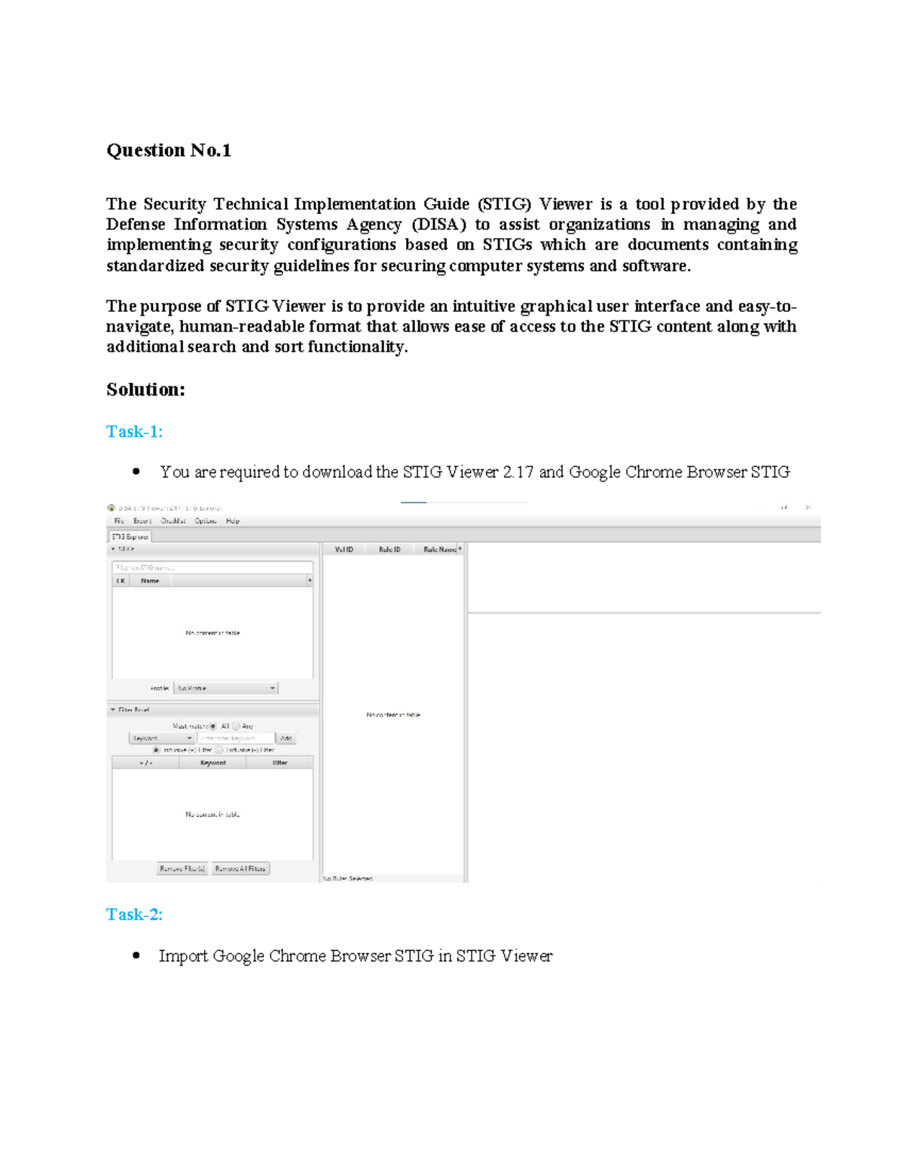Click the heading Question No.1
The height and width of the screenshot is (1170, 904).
click(x=168, y=151)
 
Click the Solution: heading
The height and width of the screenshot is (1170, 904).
click(x=145, y=389)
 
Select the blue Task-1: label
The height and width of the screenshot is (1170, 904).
click(x=134, y=432)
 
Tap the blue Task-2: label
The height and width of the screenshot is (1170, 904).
click(x=134, y=915)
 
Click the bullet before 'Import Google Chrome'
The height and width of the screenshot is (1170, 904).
click(x=136, y=955)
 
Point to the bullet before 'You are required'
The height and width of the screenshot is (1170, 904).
click(x=136, y=472)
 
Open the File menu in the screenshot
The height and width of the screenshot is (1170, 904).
click(x=119, y=521)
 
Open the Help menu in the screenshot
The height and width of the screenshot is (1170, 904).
click(x=233, y=521)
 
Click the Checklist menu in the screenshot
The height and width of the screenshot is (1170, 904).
click(x=173, y=521)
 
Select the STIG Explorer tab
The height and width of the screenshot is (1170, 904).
click(x=130, y=536)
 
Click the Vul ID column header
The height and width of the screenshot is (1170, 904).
click(x=344, y=550)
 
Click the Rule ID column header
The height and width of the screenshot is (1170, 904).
click(x=389, y=550)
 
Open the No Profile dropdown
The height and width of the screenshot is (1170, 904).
click(x=226, y=689)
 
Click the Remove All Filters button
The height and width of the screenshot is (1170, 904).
click(x=240, y=869)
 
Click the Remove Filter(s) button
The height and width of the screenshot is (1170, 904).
click(x=182, y=869)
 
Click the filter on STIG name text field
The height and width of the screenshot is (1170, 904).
click(x=212, y=567)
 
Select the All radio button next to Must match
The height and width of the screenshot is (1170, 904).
click(x=213, y=726)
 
